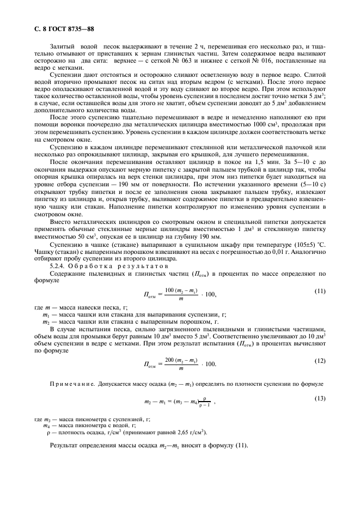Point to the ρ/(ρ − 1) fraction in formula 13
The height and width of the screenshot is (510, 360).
tap(205, 402)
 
